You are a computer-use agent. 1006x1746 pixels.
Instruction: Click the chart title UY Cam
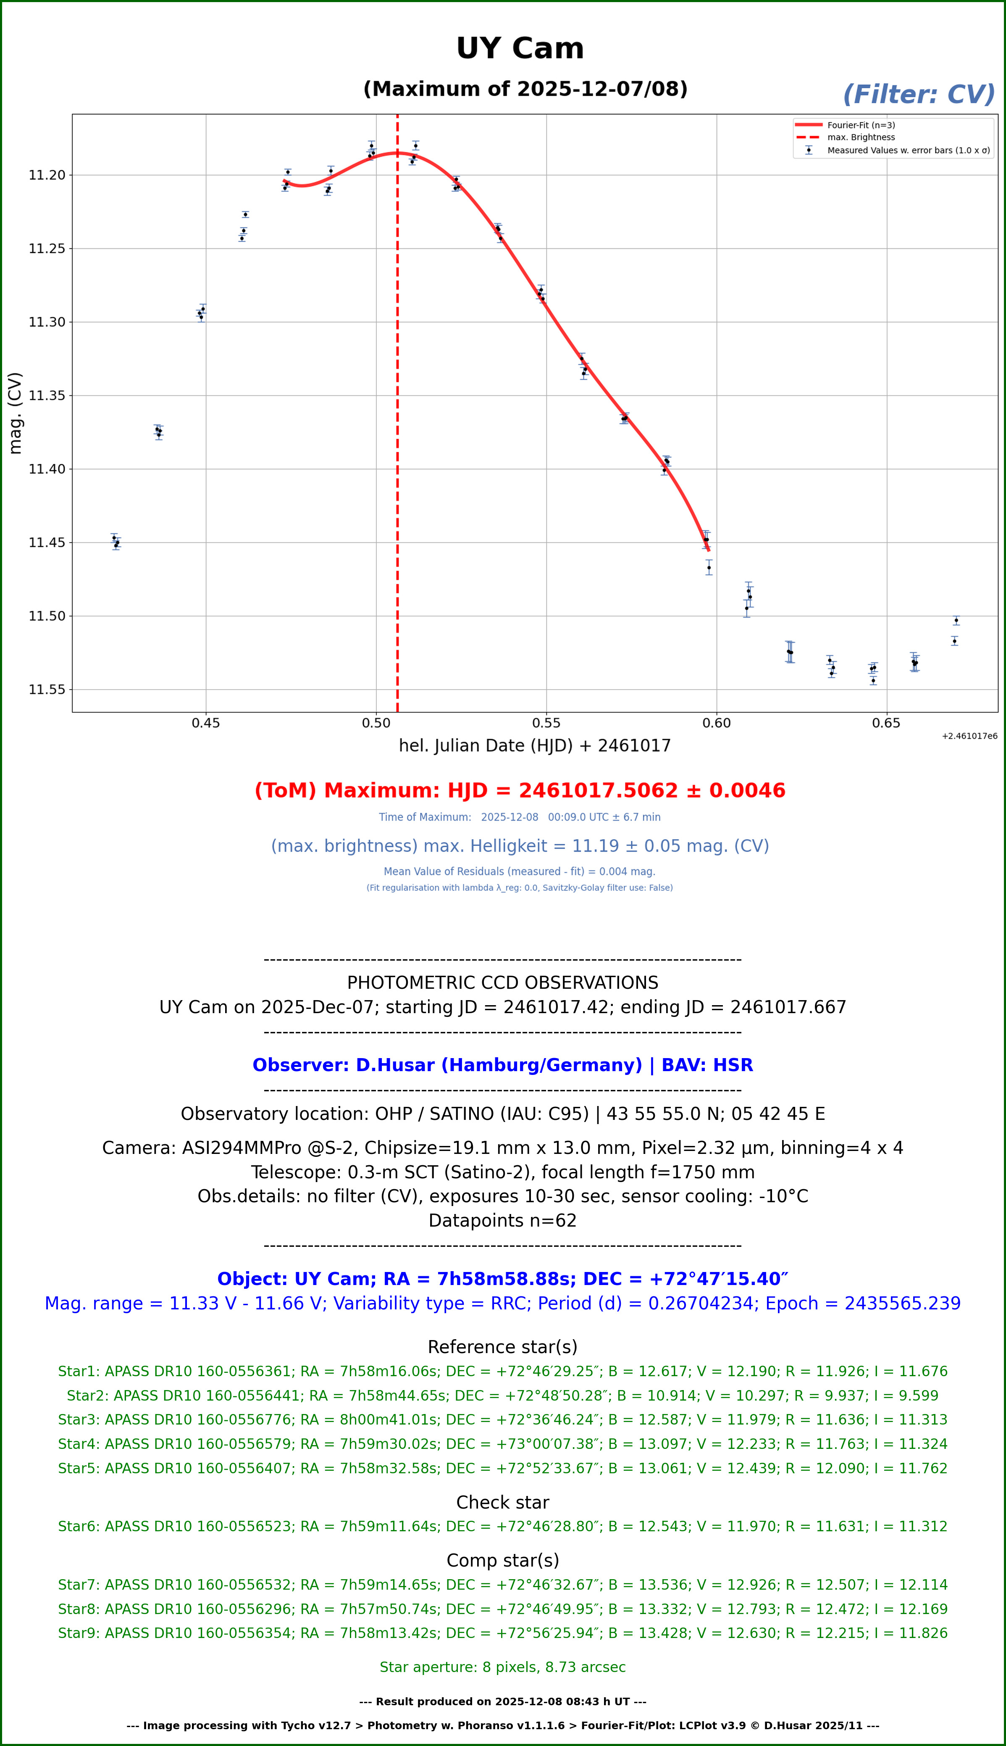[520, 48]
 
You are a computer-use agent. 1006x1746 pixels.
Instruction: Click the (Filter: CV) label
[918, 94]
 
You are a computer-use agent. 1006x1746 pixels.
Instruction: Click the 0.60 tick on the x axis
[717, 723]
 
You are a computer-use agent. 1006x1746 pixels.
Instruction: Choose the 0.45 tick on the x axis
[206, 723]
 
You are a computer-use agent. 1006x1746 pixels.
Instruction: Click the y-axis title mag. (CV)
[15, 413]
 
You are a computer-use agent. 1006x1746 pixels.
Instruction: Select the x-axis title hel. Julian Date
[534, 746]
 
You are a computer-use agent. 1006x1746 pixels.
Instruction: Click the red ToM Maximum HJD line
[520, 791]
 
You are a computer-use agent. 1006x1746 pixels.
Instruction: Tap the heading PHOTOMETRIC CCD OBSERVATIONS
[502, 983]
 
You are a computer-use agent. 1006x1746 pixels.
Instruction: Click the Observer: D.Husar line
[502, 1065]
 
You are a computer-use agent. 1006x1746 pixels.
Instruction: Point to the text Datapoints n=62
[502, 1221]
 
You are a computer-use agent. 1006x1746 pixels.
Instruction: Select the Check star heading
[502, 1503]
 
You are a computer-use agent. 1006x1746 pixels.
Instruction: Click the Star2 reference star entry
[502, 1396]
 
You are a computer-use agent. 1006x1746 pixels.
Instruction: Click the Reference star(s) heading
[502, 1347]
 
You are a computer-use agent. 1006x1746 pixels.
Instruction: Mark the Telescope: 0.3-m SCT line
[502, 1172]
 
